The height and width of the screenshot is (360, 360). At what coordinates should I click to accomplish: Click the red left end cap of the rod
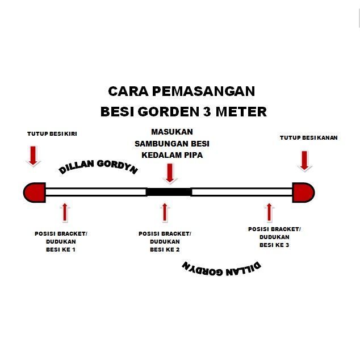34,191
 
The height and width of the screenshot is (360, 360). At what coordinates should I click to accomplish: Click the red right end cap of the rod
303,192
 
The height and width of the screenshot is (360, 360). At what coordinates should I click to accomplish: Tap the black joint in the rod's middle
169,192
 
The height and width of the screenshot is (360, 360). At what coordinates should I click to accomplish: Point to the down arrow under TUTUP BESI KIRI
34,155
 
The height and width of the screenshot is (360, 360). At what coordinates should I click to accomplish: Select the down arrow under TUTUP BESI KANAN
305,160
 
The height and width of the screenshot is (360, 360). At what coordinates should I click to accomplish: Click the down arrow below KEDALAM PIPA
169,172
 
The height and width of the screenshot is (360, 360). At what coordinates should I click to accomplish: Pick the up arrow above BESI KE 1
65,212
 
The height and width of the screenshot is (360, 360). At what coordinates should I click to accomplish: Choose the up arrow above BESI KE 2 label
165,212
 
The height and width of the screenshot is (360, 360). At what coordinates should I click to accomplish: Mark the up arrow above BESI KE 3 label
269,211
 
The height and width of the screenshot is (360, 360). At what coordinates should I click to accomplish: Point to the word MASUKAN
169,131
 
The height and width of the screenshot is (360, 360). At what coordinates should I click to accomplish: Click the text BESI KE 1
60,250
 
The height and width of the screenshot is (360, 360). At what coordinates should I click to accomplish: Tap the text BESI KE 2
165,250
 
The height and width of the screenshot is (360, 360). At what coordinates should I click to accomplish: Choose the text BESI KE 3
274,245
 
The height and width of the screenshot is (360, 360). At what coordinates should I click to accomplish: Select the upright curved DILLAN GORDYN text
98,164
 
